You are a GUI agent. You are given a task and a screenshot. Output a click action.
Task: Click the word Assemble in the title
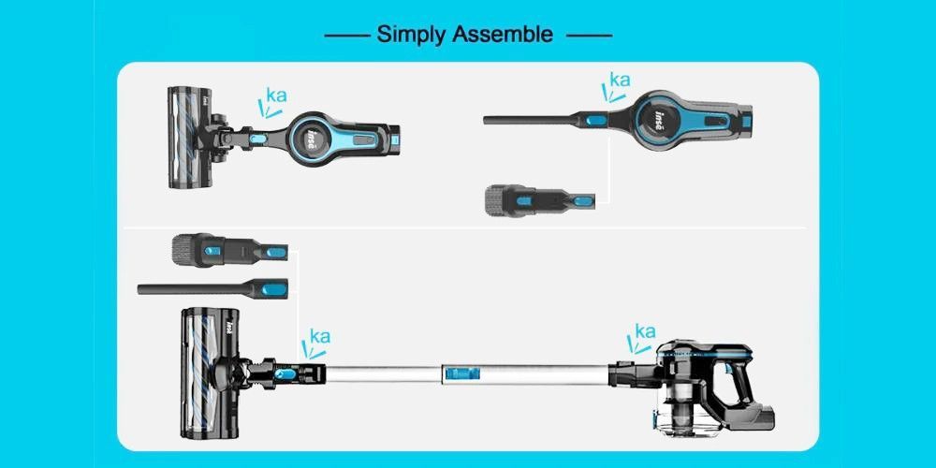click(503, 34)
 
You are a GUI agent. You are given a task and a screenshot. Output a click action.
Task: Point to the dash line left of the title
click(347, 36)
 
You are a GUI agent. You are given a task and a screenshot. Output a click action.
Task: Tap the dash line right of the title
click(589, 36)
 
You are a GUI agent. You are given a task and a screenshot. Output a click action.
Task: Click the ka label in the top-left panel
click(276, 95)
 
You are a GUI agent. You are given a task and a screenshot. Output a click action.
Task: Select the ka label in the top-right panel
click(620, 80)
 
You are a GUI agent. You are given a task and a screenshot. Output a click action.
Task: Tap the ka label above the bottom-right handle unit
click(645, 331)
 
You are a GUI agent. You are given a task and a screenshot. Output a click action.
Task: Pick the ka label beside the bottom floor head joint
click(320, 337)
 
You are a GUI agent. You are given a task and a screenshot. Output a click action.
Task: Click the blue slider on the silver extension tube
click(461, 374)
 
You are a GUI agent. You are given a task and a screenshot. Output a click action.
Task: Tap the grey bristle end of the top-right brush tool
click(495, 200)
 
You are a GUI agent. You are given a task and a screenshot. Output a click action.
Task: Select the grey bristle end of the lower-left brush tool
click(183, 250)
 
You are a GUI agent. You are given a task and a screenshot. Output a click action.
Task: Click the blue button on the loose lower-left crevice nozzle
click(274, 289)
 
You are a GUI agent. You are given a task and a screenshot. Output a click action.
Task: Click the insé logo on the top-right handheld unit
click(659, 118)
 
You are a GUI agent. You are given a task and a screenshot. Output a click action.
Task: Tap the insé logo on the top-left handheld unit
click(313, 139)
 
